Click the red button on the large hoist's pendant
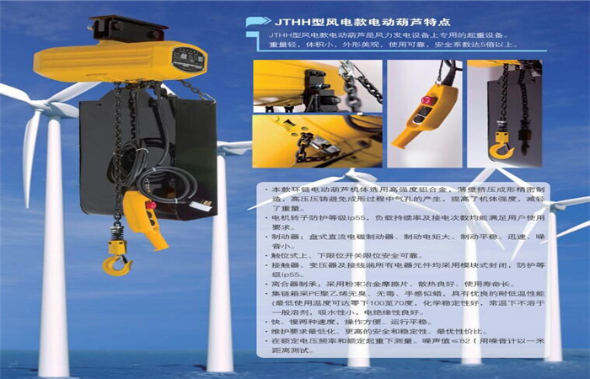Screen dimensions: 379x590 pos(151,204)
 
